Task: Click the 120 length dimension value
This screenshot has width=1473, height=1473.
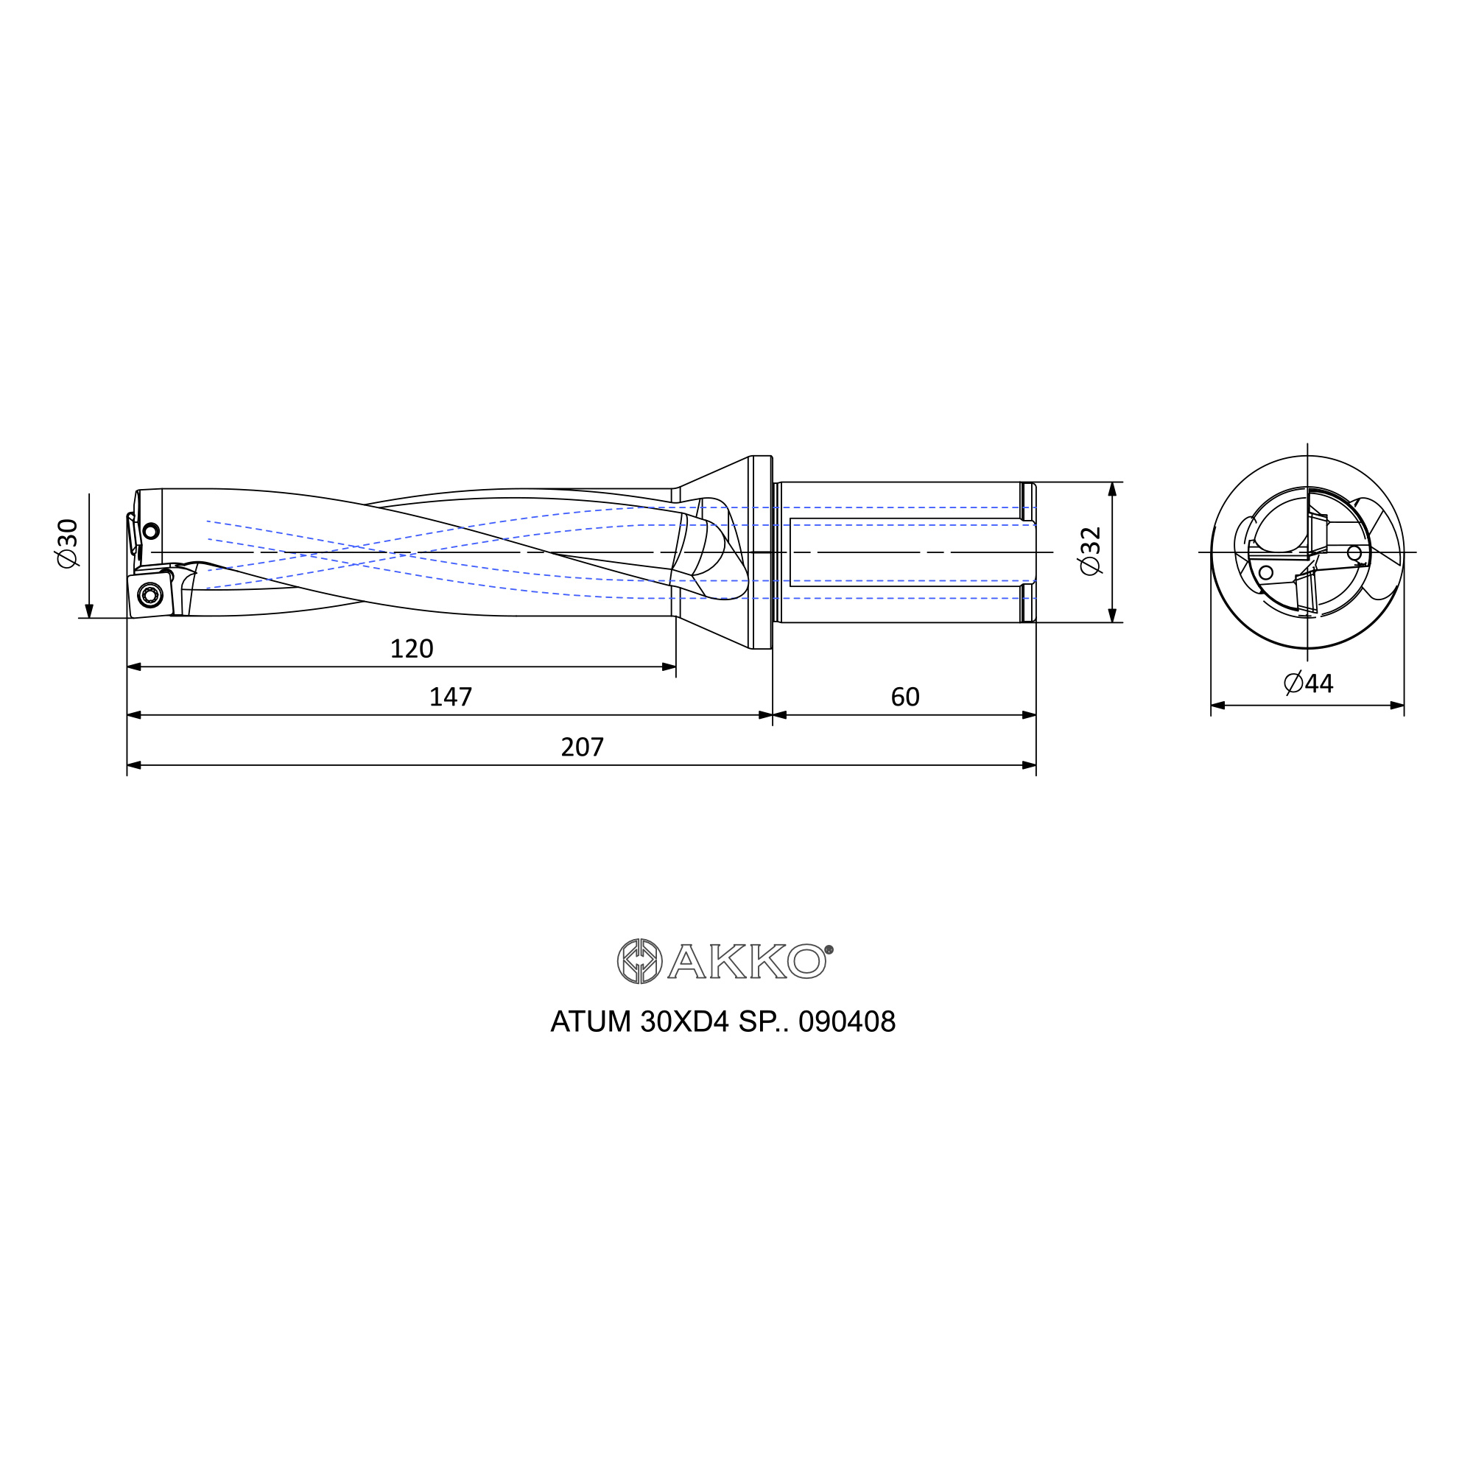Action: tap(412, 649)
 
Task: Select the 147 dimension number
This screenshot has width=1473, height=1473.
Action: tap(451, 697)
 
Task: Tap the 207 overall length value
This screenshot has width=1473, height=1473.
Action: tap(583, 747)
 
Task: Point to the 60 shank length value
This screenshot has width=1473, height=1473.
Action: tap(905, 697)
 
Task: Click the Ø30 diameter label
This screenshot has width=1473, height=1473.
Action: tap(67, 543)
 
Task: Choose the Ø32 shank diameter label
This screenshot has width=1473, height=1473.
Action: tap(1090, 550)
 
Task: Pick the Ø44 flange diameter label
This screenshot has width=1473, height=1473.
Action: tap(1308, 683)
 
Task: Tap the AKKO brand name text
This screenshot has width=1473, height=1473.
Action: tap(746, 961)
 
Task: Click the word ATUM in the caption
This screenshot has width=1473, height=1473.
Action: tap(591, 1022)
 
